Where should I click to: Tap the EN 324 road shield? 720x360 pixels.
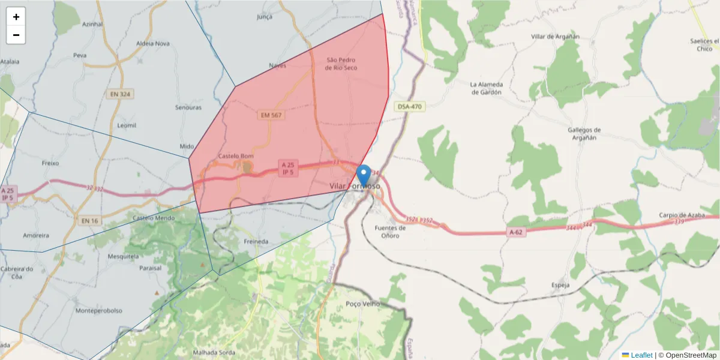click(x=121, y=94)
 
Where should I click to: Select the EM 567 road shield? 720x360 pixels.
click(x=271, y=115)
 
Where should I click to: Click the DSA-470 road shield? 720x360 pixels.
click(x=410, y=107)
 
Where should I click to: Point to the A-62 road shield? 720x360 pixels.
click(x=516, y=232)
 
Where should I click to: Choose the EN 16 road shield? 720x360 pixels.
click(x=89, y=221)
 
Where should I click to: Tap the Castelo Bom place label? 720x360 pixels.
click(x=235, y=156)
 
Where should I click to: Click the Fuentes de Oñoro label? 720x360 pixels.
click(x=390, y=232)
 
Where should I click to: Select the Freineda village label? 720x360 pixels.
click(x=256, y=241)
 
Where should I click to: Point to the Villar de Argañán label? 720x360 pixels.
click(x=555, y=37)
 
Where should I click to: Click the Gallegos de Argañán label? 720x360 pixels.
click(x=584, y=134)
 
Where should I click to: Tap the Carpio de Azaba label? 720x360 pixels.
click(x=680, y=215)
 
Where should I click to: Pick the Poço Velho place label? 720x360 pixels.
click(x=363, y=304)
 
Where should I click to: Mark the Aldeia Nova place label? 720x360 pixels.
click(x=153, y=43)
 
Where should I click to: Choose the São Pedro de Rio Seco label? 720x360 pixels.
click(x=341, y=64)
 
